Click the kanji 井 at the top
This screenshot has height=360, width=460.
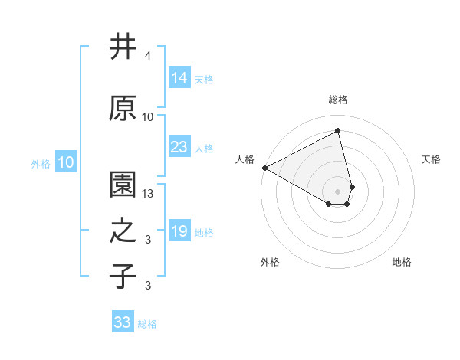tap(123, 47)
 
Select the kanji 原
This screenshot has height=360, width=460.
tap(123, 108)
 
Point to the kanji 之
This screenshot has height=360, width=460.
tap(123, 231)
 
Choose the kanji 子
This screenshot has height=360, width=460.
tap(123, 276)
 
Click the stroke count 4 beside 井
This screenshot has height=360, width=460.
tap(148, 57)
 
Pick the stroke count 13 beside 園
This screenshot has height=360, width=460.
tap(149, 194)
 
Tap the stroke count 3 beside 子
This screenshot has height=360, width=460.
tap(148, 286)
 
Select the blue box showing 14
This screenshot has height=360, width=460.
tap(179, 78)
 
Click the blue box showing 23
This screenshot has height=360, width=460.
tap(179, 147)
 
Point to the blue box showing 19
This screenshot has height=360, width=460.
tap(179, 231)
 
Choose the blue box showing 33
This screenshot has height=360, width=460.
tap(123, 322)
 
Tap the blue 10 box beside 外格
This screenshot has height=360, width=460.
tap(66, 162)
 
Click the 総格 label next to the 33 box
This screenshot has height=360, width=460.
tap(147, 324)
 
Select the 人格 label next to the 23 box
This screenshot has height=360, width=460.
tap(204, 149)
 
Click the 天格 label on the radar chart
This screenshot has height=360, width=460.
tap(432, 159)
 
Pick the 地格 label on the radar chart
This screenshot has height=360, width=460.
tap(402, 263)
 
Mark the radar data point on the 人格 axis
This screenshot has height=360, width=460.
tap(264, 167)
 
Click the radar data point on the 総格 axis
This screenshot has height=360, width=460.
tap(337, 130)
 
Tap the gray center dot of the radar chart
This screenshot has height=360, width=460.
tap(338, 191)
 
